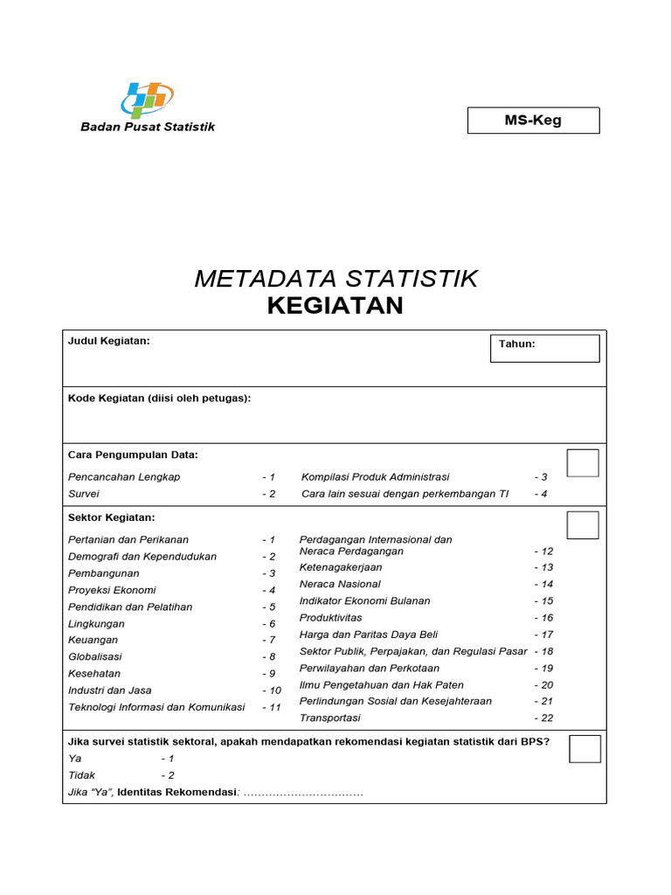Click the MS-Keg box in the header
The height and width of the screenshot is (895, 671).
pyautogui.click(x=533, y=121)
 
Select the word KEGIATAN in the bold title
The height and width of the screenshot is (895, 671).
pyautogui.click(x=335, y=306)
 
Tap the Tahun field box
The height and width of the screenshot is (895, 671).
pyautogui.click(x=544, y=348)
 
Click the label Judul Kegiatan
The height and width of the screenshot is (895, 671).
pyautogui.click(x=109, y=341)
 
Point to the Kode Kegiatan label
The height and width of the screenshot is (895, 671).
pyautogui.click(x=159, y=399)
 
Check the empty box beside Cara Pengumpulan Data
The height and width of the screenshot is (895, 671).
pyautogui.click(x=583, y=463)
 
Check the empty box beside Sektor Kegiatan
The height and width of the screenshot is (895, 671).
pyautogui.click(x=583, y=525)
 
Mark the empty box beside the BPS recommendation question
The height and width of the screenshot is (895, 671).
pyautogui.click(x=585, y=749)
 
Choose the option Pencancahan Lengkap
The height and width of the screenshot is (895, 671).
pyautogui.click(x=124, y=477)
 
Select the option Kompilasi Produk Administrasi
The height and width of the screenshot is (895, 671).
pyautogui.click(x=375, y=477)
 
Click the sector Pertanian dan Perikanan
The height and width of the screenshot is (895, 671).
pyautogui.click(x=128, y=540)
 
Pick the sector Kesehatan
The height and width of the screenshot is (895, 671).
pyautogui.click(x=94, y=674)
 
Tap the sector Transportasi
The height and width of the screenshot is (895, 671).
pyautogui.click(x=329, y=718)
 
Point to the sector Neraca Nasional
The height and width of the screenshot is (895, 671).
pyautogui.click(x=340, y=584)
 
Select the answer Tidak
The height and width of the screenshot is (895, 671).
pyautogui.click(x=82, y=775)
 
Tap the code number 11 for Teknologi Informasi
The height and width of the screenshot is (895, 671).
pyautogui.click(x=272, y=707)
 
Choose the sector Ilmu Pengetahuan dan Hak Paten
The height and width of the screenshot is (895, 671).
pyautogui.click(x=381, y=685)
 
